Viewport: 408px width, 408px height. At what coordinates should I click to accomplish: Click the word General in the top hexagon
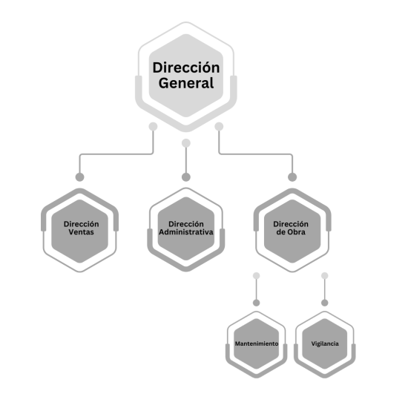click(186, 83)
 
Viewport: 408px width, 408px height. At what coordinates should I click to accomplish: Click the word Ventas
click(81, 232)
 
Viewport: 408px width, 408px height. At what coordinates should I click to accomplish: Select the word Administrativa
click(186, 232)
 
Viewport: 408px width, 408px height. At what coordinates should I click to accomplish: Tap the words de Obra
click(291, 232)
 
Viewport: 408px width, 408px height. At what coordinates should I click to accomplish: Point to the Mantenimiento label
click(257, 343)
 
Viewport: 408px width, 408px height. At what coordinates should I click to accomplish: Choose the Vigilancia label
click(325, 343)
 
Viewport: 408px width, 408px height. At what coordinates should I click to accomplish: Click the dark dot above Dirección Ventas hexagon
click(79, 177)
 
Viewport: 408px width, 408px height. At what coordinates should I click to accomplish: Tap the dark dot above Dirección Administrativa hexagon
click(186, 177)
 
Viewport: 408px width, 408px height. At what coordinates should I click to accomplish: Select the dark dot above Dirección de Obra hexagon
click(292, 177)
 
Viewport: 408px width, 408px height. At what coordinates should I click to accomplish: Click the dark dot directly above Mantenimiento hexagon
click(257, 303)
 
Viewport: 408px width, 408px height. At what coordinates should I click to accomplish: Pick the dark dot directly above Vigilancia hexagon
click(325, 303)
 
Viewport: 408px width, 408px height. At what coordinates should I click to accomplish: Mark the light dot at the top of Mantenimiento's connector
click(257, 275)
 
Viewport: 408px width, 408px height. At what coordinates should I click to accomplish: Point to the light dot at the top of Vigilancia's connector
click(325, 275)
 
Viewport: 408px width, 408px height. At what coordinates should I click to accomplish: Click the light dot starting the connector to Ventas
click(153, 127)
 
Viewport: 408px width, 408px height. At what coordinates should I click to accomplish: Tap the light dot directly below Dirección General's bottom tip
click(186, 143)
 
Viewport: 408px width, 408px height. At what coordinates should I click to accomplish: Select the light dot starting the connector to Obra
click(219, 127)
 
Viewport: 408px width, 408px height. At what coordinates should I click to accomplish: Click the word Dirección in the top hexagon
click(186, 68)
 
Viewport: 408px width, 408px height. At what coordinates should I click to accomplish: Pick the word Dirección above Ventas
click(81, 224)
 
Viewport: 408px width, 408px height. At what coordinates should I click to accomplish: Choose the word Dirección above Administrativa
click(186, 224)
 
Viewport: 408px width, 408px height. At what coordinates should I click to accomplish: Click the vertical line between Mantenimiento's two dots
click(257, 289)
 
